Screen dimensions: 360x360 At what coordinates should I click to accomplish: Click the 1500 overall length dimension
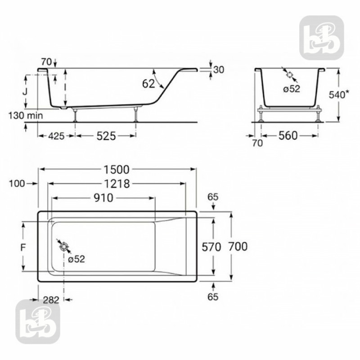pyautogui.click(x=117, y=170)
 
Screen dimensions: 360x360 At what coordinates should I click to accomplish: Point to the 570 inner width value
pyautogui.click(x=211, y=247)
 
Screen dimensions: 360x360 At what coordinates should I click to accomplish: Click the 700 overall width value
pyautogui.click(x=238, y=247)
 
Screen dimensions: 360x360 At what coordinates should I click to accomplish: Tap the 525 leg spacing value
pyautogui.click(x=106, y=135)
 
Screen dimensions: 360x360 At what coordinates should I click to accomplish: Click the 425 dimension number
pyautogui.click(x=56, y=135)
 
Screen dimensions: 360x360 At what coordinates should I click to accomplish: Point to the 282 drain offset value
pyautogui.click(x=50, y=300)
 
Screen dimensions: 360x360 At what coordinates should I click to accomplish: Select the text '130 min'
pyautogui.click(x=25, y=116)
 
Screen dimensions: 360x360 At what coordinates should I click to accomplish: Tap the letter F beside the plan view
pyautogui.click(x=11, y=247)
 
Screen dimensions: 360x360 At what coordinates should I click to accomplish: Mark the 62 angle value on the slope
pyautogui.click(x=149, y=83)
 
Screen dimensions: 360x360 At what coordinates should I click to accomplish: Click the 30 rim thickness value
pyautogui.click(x=219, y=70)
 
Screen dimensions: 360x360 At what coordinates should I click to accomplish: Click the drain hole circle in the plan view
pyautogui.click(x=64, y=246)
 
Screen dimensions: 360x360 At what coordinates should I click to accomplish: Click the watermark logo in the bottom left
pyautogui.click(x=38, y=322)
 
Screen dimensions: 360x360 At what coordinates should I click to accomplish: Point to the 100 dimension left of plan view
pyautogui.click(x=16, y=184)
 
